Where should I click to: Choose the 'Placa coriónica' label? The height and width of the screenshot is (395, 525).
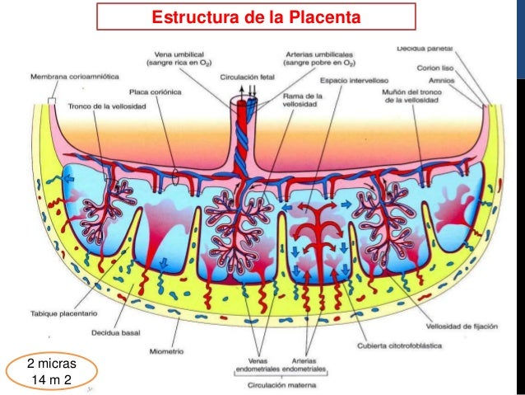click(152, 92)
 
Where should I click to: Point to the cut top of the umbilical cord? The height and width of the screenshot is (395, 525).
click(247, 105)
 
